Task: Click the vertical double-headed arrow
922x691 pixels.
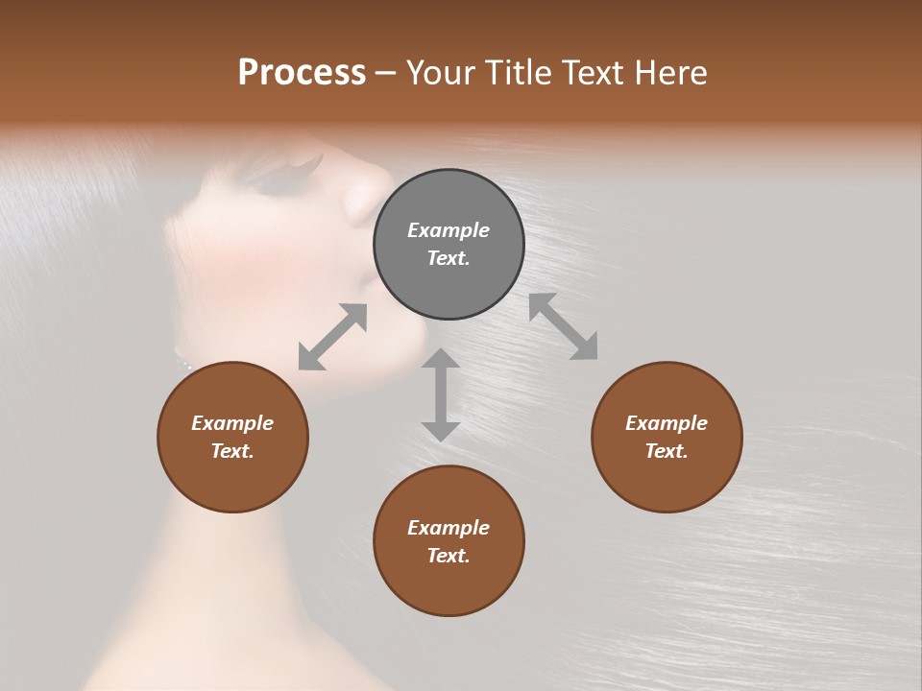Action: [x=441, y=394]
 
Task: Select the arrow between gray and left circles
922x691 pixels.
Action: [x=332, y=337]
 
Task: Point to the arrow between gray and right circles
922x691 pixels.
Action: [x=564, y=327]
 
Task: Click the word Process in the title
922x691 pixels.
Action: [x=302, y=73]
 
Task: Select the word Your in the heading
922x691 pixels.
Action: [x=440, y=73]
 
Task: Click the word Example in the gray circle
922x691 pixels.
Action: [x=449, y=230]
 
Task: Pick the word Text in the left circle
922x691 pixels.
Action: [x=232, y=451]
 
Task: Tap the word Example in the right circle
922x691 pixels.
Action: [x=667, y=423]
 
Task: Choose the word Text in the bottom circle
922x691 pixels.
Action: [x=449, y=556]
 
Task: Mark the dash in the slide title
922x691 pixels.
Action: [x=386, y=73]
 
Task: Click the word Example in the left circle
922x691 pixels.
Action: [x=232, y=423]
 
